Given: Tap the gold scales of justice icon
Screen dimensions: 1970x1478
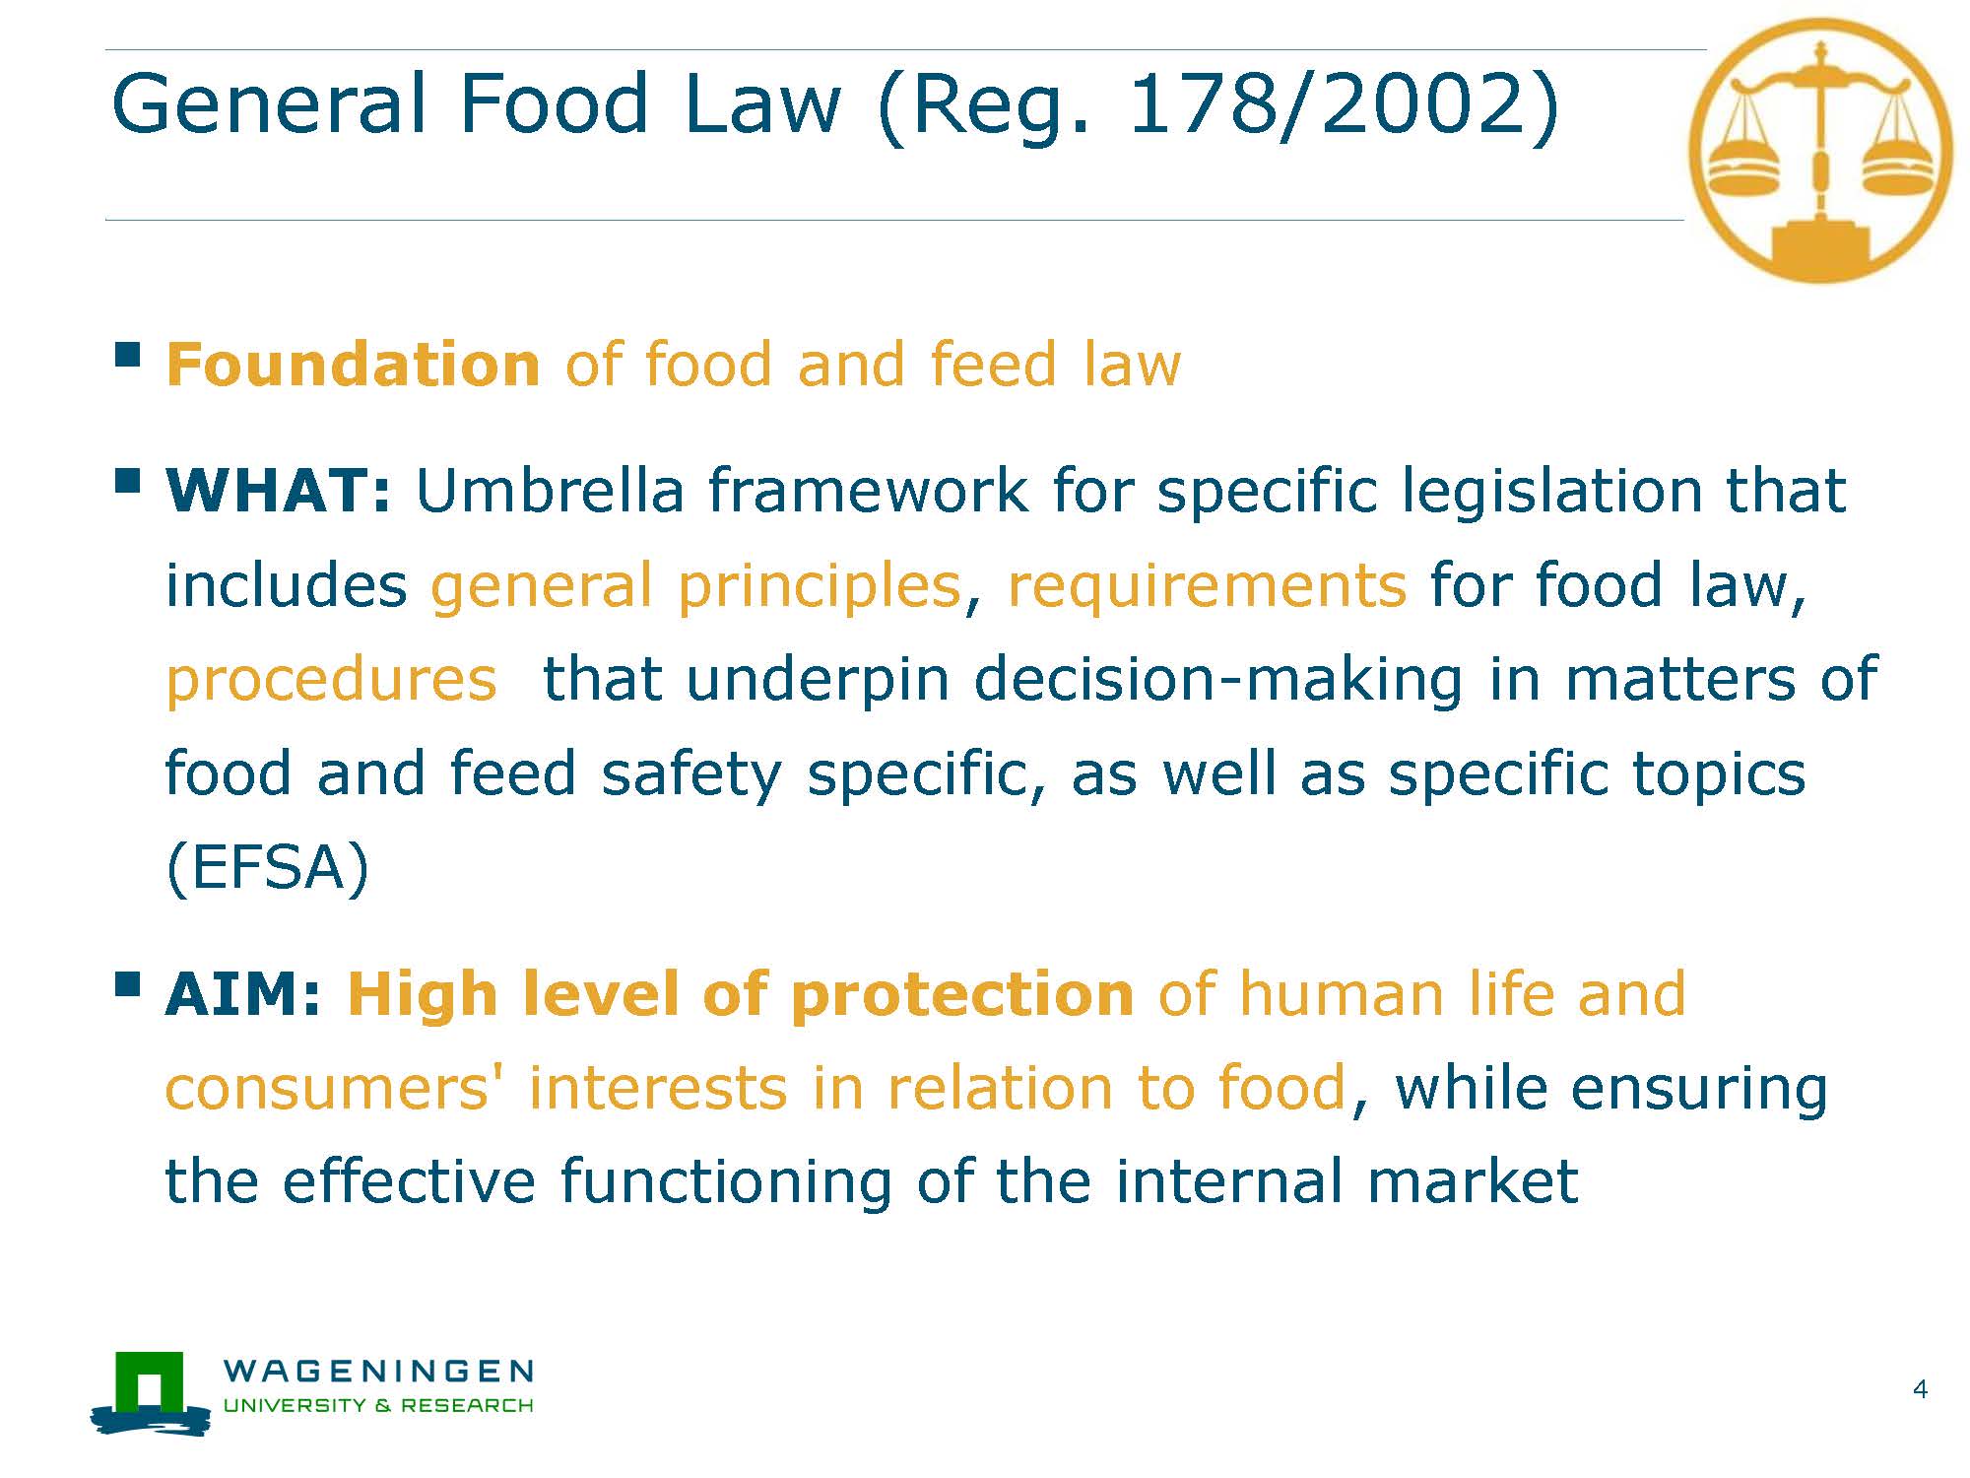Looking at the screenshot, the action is point(1819,151).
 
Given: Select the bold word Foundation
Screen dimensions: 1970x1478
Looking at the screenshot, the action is point(353,364).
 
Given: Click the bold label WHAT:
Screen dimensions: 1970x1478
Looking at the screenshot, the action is point(279,490).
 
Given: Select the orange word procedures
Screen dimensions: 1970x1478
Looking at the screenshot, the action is point(331,682).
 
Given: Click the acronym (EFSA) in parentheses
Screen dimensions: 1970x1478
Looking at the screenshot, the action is point(268,868).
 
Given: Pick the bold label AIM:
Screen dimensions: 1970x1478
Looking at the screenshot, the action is point(243,993).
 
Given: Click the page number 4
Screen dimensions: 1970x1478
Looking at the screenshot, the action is point(1920,1389).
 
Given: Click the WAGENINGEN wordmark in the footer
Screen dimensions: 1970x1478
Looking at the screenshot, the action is point(378,1371).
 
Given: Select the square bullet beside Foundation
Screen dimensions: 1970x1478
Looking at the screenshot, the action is point(127,354).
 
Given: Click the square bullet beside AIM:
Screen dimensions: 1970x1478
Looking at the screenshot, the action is point(127,984).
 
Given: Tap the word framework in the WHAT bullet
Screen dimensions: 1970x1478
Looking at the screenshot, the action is point(868,490).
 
